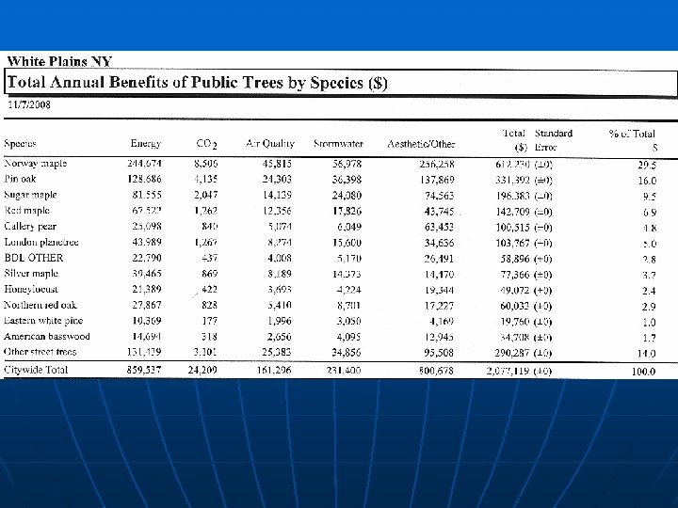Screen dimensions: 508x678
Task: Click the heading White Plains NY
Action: tap(60, 62)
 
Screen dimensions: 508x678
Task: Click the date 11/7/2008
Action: tap(30, 104)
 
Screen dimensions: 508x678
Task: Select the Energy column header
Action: tap(145, 144)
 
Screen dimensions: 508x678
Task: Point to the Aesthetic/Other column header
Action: tap(421, 144)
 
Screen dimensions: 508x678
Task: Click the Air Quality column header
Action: tap(269, 144)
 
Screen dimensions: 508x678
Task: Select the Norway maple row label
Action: tap(35, 164)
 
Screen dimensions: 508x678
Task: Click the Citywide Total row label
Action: tap(37, 370)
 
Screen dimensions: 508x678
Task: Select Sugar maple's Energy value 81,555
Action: tap(145, 194)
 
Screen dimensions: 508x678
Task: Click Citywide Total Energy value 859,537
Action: tap(145, 370)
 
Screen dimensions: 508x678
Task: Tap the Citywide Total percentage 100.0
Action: tap(644, 371)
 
